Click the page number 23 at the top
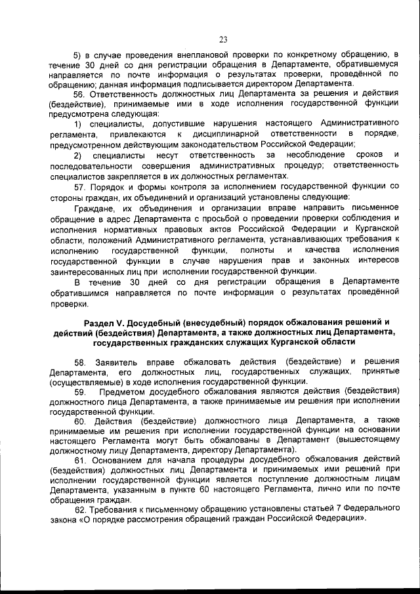[222, 39]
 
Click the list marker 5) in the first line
[77, 54]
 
